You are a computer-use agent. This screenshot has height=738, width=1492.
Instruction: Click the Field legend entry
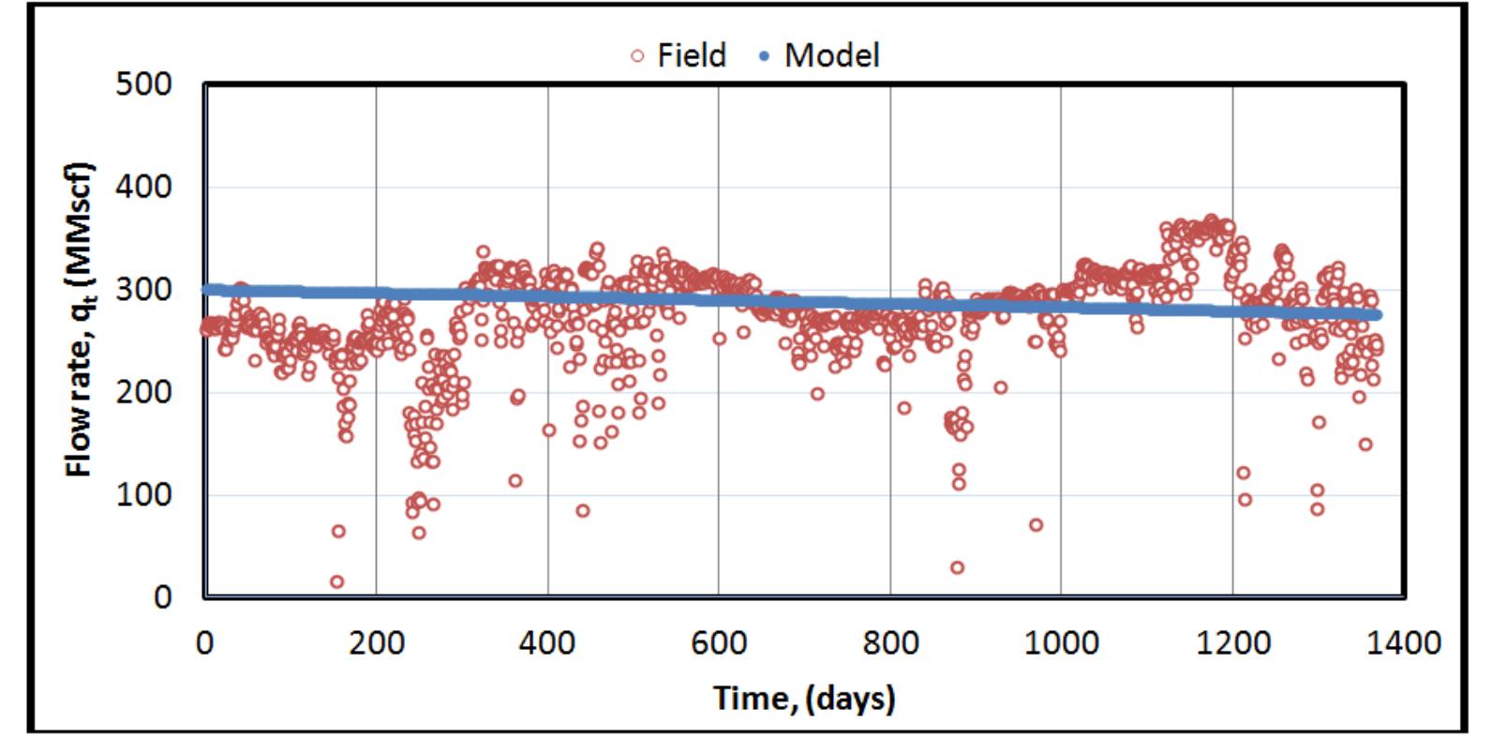[x=678, y=55]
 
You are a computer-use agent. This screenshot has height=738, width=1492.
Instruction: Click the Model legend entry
[x=818, y=55]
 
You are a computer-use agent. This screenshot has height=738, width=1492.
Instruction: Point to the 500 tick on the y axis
[x=144, y=84]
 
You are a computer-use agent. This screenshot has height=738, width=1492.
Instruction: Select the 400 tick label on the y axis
[x=144, y=187]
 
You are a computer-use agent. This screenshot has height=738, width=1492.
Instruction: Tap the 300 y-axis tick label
[x=144, y=289]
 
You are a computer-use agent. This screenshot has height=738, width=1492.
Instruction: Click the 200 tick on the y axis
[x=144, y=392]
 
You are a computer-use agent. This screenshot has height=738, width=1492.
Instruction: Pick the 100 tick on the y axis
[x=144, y=494]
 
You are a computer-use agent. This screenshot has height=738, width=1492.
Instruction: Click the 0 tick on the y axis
[x=161, y=596]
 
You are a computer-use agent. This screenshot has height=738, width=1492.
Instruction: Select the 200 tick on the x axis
[x=376, y=643]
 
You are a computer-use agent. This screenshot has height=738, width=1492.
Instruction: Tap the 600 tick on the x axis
[x=718, y=643]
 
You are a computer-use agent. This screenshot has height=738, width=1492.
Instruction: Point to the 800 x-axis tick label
[x=889, y=643]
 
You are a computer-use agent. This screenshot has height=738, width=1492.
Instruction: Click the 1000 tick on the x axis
[x=1061, y=643]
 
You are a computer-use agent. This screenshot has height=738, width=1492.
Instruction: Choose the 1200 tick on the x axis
[x=1232, y=643]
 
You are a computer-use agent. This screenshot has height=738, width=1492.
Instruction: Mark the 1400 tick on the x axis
[x=1403, y=643]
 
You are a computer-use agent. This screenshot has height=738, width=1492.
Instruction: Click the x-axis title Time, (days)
[x=803, y=698]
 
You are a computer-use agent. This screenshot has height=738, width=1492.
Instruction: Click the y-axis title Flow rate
[x=80, y=319]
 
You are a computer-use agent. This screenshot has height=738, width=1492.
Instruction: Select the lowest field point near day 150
[x=336, y=581]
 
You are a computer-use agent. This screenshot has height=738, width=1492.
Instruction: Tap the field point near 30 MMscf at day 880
[x=957, y=567]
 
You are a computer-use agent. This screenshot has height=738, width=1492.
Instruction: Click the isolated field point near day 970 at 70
[x=1036, y=524]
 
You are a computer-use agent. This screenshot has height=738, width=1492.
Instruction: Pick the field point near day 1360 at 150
[x=1365, y=444]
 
